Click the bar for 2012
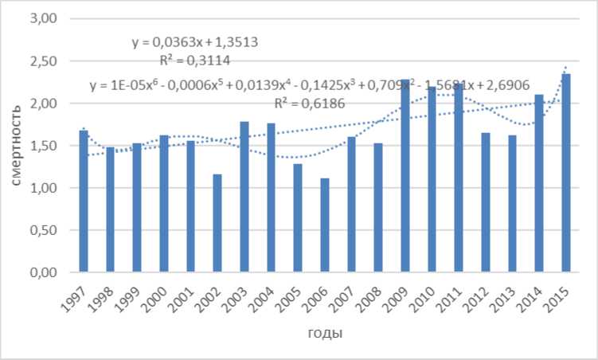point(485,202)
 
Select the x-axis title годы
point(324,333)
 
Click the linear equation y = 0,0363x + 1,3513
point(194,42)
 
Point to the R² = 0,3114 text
point(195,59)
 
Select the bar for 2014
point(539,183)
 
